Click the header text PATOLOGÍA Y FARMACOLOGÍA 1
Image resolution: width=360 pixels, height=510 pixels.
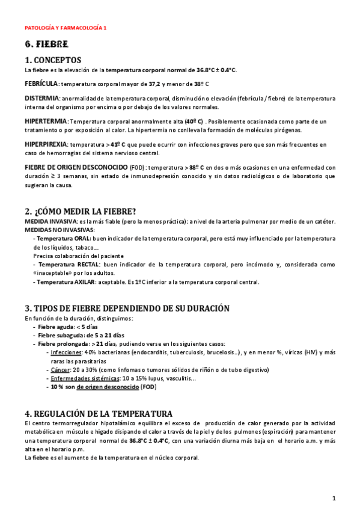[x=66, y=28]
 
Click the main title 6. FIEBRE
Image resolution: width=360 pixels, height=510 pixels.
[x=46, y=45]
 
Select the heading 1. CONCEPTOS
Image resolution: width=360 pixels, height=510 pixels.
[x=53, y=60]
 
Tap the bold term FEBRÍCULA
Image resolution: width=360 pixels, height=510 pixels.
[x=41, y=84]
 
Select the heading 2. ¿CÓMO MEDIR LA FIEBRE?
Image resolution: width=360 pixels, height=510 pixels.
[x=81, y=211]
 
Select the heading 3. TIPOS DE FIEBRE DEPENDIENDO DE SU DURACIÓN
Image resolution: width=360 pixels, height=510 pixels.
[x=127, y=308]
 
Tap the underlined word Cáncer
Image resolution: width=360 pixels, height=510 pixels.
[x=61, y=370]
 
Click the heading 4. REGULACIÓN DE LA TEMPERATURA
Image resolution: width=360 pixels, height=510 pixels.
[x=99, y=414]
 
